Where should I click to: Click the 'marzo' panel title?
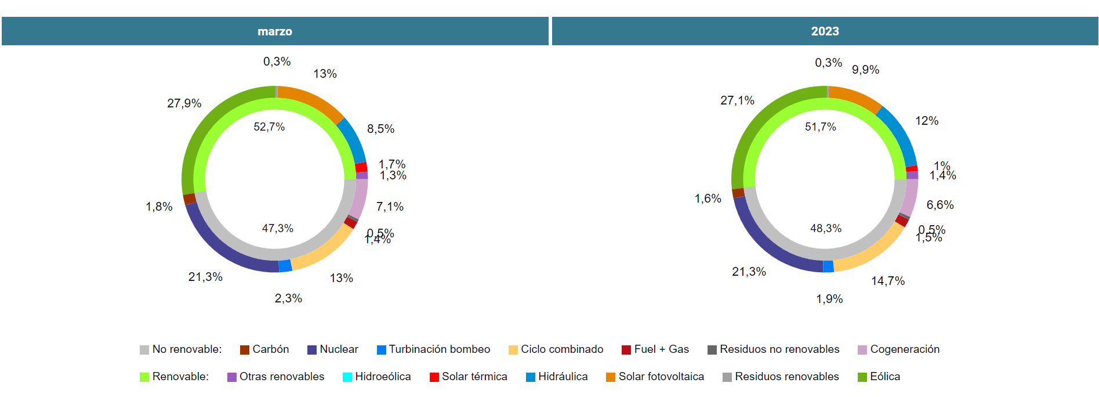(275, 31)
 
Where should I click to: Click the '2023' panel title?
(825, 31)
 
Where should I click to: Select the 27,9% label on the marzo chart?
(184, 103)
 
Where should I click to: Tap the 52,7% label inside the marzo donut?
(269, 127)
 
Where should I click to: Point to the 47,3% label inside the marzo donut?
(277, 229)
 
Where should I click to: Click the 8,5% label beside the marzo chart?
(380, 129)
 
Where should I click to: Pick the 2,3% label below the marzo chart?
(288, 298)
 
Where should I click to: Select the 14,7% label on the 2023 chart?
(887, 281)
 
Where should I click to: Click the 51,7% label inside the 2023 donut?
(820, 127)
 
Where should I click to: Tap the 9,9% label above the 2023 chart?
(865, 70)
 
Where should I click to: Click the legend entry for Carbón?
(264, 349)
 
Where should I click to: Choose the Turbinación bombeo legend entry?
(433, 349)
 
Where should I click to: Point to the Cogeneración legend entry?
(898, 349)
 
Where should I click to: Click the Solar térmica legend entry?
(468, 377)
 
